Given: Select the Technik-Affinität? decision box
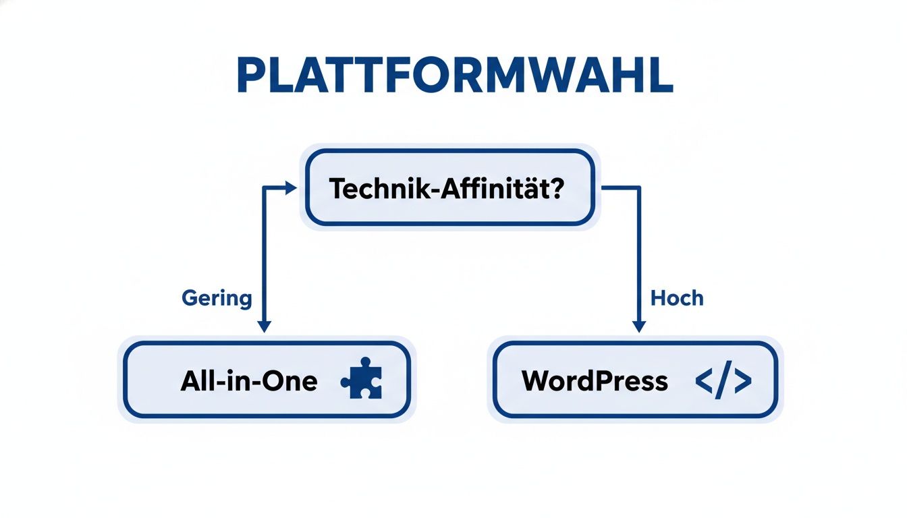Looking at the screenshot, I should (x=449, y=187).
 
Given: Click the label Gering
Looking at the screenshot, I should (x=217, y=297).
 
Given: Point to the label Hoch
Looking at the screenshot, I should (x=677, y=297).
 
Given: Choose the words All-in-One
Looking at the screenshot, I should (x=248, y=381).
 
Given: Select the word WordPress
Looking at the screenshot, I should (x=595, y=381).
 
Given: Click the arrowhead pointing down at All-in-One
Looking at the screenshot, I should (x=265, y=326).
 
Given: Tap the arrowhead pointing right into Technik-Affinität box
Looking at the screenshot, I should (x=291, y=188).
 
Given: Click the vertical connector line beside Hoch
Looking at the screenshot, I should (x=638, y=256).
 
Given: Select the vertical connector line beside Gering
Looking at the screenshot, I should (x=265, y=256).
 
